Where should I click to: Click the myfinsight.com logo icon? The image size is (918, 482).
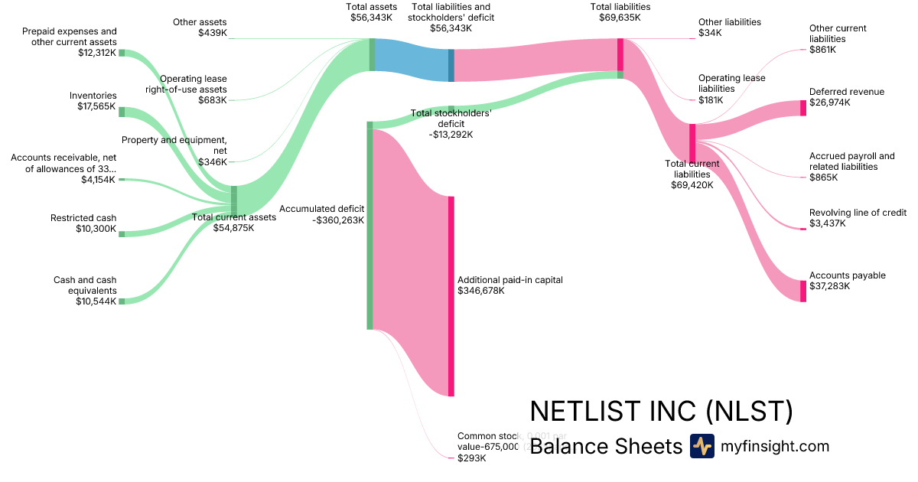coord(702,446)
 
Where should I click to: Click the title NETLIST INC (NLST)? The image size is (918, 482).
coord(661,412)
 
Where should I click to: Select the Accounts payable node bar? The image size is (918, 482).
coord(803,291)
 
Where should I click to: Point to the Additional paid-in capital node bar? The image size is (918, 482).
coord(451,296)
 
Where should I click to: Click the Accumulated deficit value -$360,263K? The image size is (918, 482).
coord(338,220)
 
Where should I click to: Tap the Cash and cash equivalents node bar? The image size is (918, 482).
coord(121,301)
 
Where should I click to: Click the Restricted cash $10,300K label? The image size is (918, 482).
coord(84,223)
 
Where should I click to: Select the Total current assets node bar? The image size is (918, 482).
coord(234,200)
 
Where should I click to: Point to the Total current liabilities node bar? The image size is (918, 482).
coord(692,143)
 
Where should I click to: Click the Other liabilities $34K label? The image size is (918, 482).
coord(729,28)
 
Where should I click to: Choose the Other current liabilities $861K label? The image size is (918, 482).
coord(838,38)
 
